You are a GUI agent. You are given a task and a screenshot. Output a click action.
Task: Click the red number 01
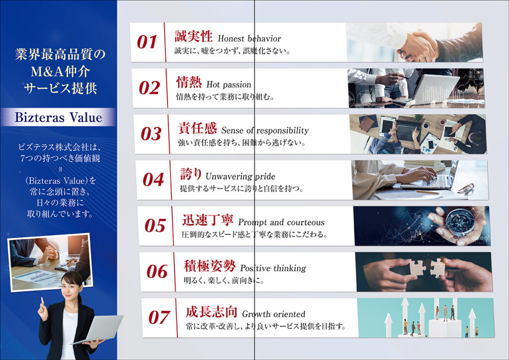[147, 42]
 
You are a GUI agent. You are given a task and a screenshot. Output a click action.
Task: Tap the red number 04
[153, 180]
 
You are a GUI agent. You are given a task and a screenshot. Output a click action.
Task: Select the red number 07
[159, 317]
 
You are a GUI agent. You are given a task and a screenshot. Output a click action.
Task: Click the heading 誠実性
[193, 36]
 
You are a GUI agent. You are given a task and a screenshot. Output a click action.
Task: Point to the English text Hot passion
[229, 85]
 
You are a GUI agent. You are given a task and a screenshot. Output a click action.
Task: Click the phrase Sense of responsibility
[265, 130]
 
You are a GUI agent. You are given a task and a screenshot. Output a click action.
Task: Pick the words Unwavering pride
[240, 176]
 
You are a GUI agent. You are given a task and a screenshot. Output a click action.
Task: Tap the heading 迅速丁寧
[207, 220]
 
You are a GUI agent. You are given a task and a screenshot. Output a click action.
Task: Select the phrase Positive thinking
[273, 268]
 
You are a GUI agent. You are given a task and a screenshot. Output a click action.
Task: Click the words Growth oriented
[274, 314]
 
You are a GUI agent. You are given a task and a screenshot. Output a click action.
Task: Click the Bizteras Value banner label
[59, 117]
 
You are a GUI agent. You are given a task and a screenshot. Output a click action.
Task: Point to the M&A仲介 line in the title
[60, 72]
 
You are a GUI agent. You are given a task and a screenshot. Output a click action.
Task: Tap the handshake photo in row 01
[414, 42]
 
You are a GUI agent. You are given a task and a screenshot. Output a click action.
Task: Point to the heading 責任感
[197, 128]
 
